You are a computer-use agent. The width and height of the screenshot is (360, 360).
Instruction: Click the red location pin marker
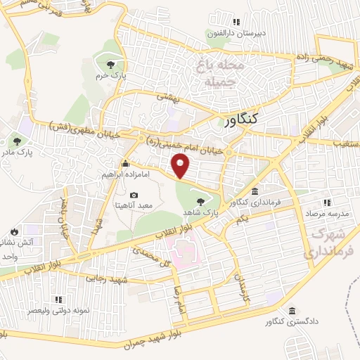tap(181, 166)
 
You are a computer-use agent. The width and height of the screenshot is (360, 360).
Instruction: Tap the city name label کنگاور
tap(235, 120)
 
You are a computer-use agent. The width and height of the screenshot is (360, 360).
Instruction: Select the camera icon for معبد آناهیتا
tap(134, 195)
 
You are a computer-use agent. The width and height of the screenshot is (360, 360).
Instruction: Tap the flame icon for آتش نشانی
tap(14, 231)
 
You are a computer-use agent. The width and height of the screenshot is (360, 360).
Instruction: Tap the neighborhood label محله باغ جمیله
tap(213, 73)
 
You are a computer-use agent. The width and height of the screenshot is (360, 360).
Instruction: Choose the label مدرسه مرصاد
tap(327, 212)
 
